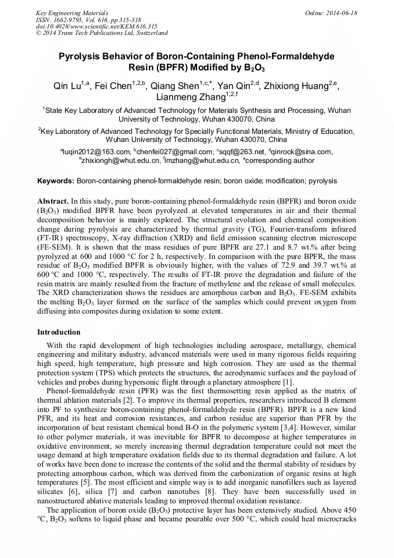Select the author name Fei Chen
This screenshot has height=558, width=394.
[113, 86]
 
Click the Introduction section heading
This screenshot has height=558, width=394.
[59, 332]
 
